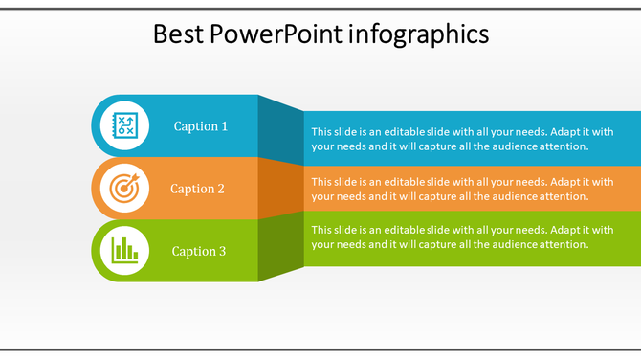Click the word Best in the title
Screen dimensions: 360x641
click(179, 34)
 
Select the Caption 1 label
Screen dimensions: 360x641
click(201, 126)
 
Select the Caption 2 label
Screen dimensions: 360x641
click(197, 189)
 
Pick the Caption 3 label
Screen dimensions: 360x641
click(199, 251)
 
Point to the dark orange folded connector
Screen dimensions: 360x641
click(281, 187)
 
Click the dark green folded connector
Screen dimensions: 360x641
click(281, 246)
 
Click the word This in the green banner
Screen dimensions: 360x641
click(322, 230)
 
